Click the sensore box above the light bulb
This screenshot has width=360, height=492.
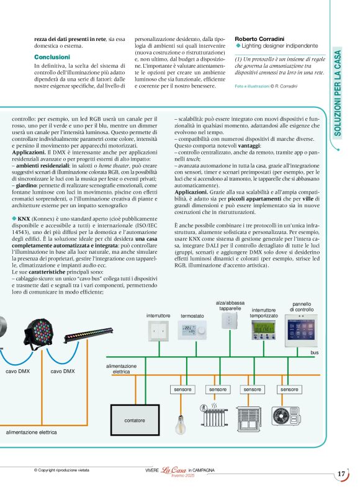pos(182,389)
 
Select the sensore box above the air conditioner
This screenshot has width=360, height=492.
pos(289,389)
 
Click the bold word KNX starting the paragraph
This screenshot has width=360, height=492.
pos(24,219)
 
